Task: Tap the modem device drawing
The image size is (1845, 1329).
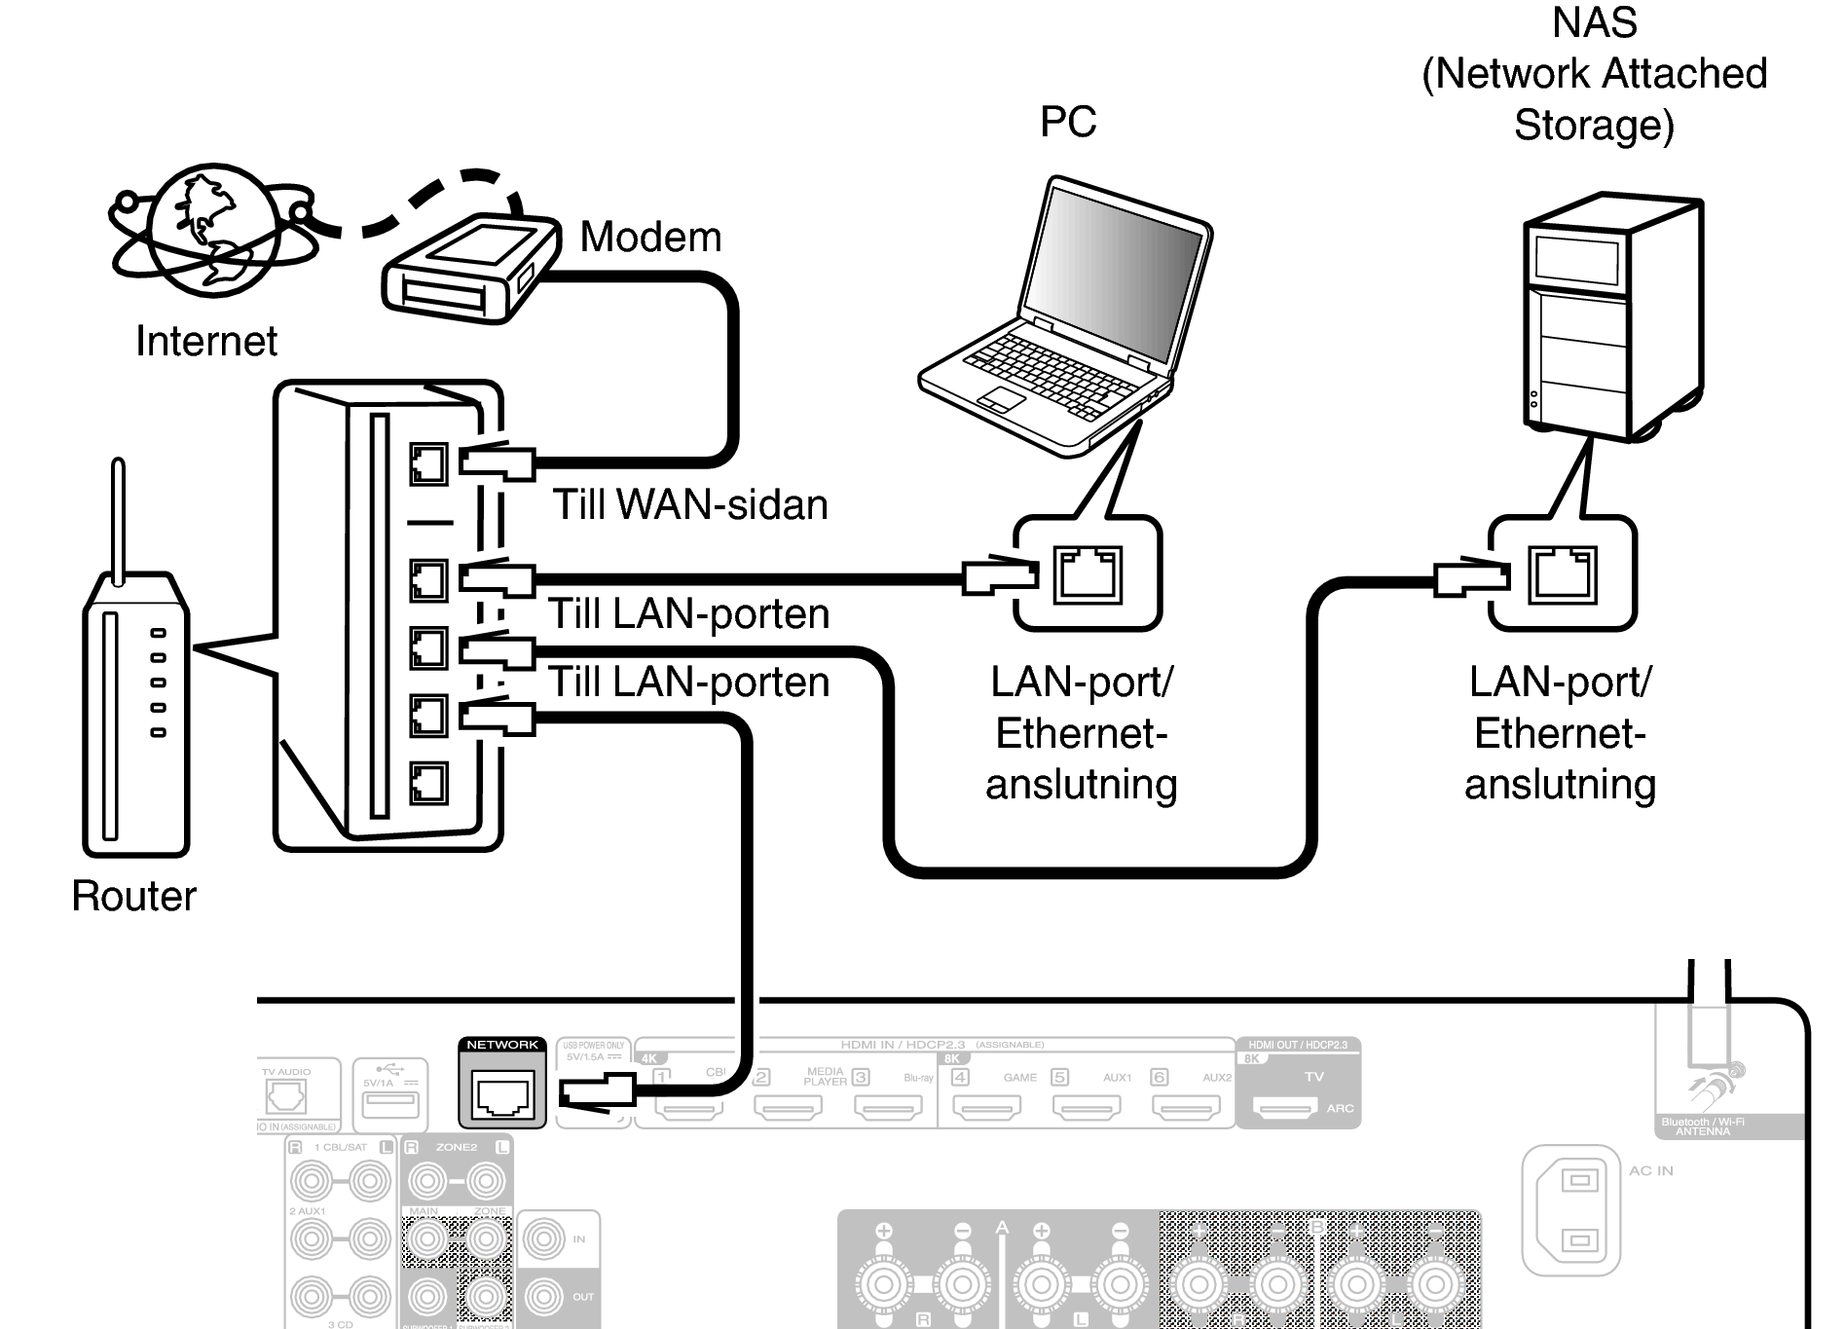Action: (470, 268)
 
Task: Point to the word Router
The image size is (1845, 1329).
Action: (133, 896)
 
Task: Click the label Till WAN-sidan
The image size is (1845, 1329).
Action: (690, 504)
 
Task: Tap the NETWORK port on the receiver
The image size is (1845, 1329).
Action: (502, 1095)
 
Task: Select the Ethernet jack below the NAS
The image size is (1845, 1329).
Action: (1563, 573)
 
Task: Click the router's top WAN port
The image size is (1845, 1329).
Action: (428, 463)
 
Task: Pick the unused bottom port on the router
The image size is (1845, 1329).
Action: (428, 783)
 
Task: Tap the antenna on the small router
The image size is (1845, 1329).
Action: (118, 521)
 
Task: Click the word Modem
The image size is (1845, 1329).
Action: (650, 237)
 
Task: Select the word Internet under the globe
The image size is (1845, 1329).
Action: (205, 341)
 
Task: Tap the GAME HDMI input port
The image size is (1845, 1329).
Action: (987, 1106)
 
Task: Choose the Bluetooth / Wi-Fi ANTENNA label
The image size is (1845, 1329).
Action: (1702, 1126)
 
